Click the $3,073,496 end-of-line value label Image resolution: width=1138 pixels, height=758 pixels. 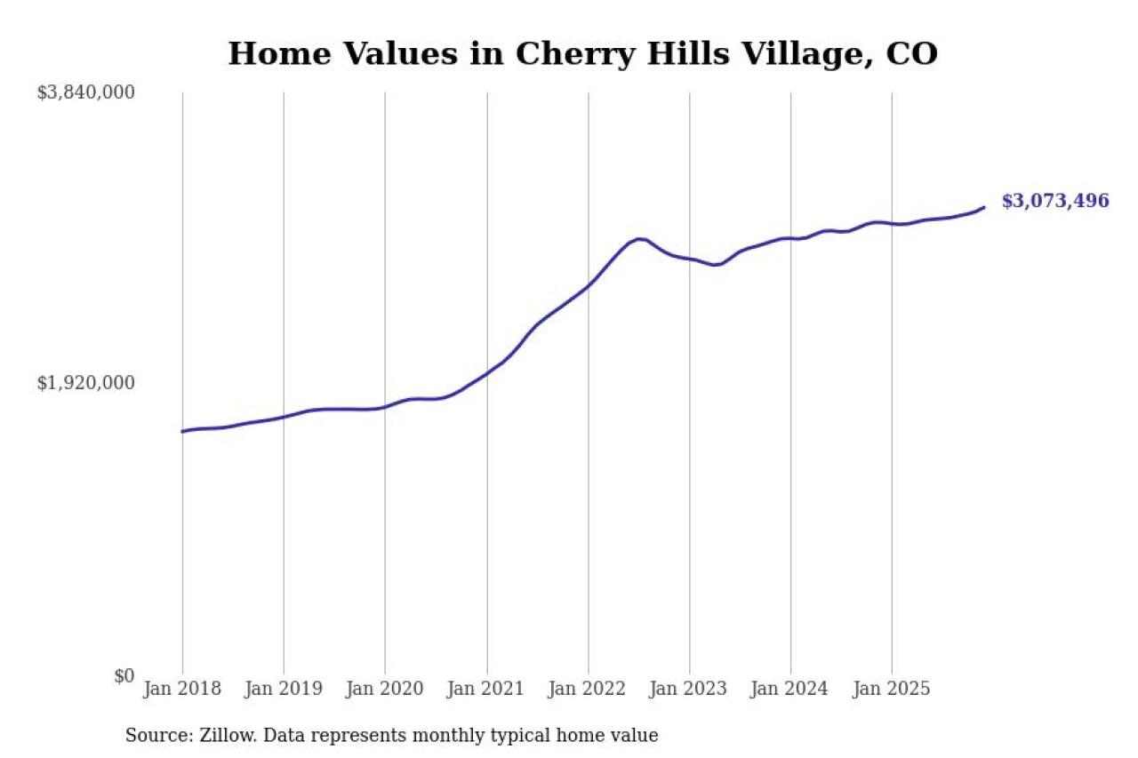[1055, 201]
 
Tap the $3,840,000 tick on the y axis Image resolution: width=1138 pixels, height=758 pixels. [85, 92]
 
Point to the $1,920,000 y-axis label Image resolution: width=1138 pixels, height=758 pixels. [85, 383]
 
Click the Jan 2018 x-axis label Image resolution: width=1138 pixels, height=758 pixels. [182, 690]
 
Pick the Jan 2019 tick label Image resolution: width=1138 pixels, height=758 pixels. [284, 690]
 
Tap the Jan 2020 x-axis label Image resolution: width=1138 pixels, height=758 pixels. [385, 690]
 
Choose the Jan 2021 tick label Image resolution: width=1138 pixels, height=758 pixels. [486, 690]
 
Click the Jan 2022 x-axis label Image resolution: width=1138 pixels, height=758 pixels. [588, 690]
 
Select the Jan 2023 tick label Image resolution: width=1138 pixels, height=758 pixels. [689, 690]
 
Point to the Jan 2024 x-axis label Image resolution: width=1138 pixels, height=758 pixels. [790, 690]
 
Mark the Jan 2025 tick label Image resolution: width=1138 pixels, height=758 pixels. [892, 690]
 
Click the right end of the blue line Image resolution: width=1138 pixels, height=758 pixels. [983, 207]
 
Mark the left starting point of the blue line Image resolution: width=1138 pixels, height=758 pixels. [182, 431]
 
